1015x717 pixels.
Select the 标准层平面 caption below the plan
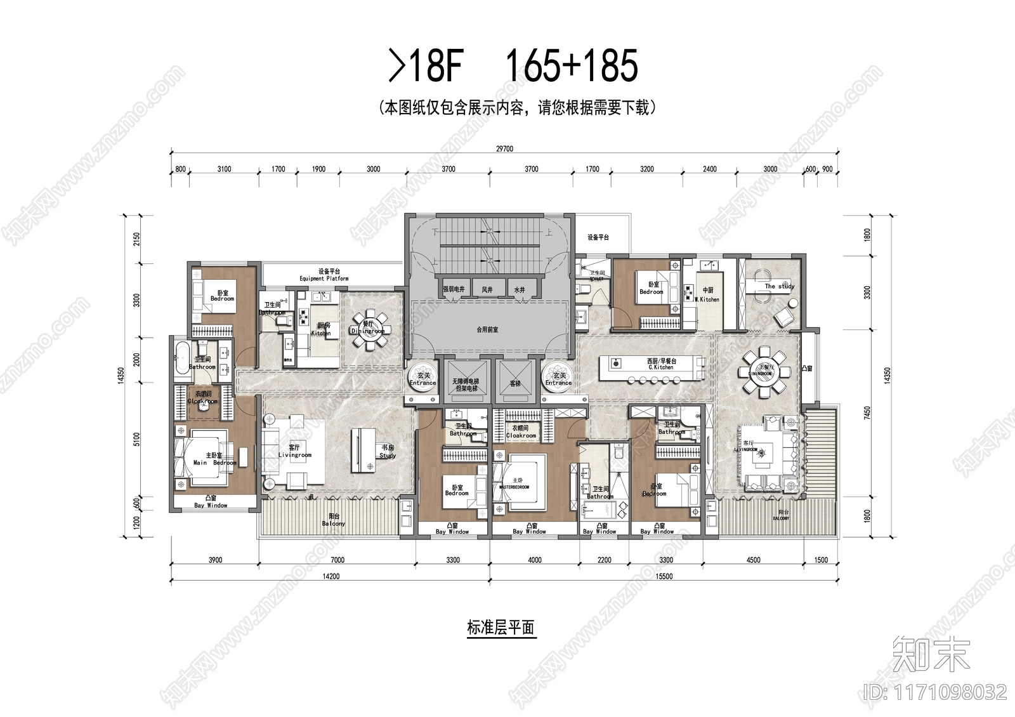coord(501,628)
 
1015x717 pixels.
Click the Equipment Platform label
coord(324,279)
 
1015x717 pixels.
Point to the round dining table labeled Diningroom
coord(369,330)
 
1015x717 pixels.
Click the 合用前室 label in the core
coord(487,330)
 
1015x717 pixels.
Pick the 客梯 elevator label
coord(515,384)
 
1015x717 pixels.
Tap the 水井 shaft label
coord(520,289)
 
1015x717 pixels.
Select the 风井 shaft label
coord(487,289)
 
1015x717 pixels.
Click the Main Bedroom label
coord(214,463)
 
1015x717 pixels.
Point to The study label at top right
coord(779,286)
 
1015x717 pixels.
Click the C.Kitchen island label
coord(661,367)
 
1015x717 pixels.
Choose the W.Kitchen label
coord(707,299)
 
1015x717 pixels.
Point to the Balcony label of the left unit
coord(334,523)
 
